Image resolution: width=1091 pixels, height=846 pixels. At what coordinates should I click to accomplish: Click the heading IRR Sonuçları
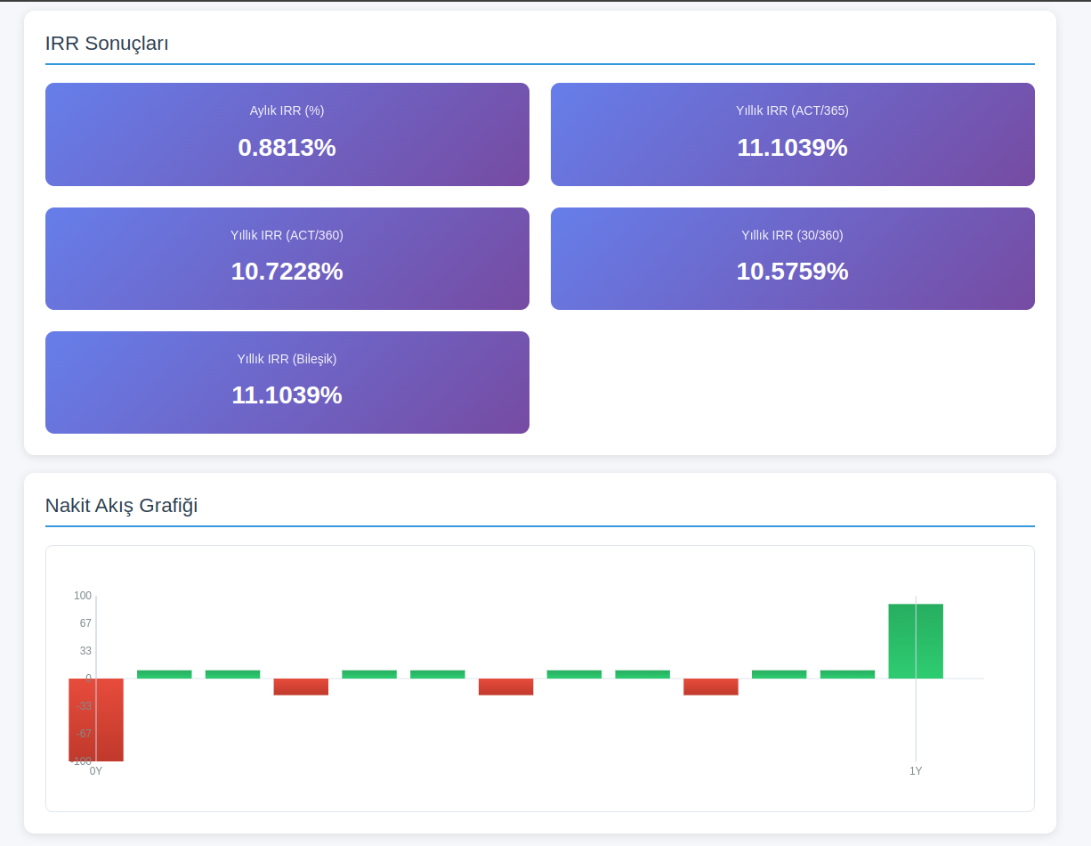tap(107, 43)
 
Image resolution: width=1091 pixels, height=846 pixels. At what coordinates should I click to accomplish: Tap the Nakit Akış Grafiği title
tap(121, 506)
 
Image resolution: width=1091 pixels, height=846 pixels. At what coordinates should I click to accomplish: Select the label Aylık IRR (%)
tap(287, 110)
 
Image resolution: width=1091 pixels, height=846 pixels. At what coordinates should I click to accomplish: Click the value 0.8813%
tap(287, 148)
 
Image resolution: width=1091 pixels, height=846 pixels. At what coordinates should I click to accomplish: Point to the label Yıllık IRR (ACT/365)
tap(792, 110)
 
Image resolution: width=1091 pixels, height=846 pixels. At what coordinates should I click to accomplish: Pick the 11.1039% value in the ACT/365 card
tap(792, 148)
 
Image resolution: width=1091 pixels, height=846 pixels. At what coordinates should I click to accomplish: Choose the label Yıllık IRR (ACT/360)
tap(287, 235)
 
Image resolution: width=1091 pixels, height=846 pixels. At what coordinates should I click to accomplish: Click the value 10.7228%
tap(287, 272)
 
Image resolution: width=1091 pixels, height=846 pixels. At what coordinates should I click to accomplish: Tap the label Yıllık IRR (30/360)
tap(792, 235)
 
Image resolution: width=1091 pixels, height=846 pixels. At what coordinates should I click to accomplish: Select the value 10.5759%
tap(792, 272)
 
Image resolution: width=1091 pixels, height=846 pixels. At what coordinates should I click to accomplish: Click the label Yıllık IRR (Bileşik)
tap(287, 359)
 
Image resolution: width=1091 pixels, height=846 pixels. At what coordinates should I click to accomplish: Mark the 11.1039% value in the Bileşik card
tap(287, 395)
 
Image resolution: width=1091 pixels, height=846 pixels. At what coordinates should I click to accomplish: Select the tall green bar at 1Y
tap(916, 641)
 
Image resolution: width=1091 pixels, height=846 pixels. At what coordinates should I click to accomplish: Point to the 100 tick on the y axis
tap(83, 596)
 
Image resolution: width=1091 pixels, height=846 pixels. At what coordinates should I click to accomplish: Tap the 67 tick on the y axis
tap(85, 623)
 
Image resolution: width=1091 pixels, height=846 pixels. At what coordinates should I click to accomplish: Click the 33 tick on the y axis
tap(85, 651)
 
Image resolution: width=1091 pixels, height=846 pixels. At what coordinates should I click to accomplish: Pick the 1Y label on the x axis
tap(916, 771)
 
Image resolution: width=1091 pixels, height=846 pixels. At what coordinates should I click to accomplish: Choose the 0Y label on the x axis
tap(96, 771)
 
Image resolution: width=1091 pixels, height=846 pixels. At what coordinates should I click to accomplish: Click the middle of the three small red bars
tap(505, 687)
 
